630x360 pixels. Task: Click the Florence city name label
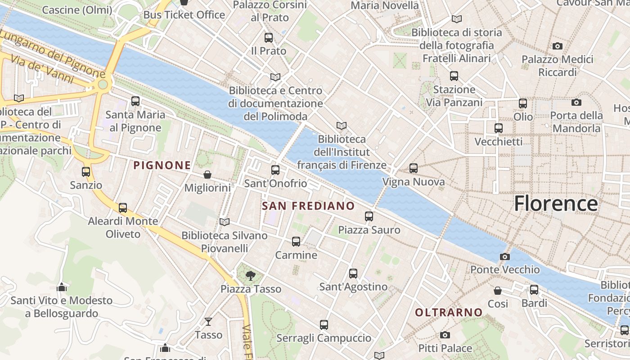click(x=556, y=203)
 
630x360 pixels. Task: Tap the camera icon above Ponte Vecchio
click(x=505, y=256)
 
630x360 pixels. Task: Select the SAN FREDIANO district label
click(x=308, y=206)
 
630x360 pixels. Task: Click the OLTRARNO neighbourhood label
click(x=449, y=312)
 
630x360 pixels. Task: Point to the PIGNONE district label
click(x=162, y=165)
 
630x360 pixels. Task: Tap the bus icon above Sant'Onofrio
click(x=275, y=170)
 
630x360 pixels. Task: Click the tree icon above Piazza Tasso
click(x=251, y=275)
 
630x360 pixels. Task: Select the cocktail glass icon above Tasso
click(x=208, y=321)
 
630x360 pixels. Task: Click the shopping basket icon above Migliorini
click(x=207, y=175)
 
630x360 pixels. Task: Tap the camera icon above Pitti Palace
click(x=445, y=335)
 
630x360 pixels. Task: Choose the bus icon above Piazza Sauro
click(x=369, y=216)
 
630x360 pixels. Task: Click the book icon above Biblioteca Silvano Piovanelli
click(x=224, y=222)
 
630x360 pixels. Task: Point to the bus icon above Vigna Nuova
click(x=414, y=168)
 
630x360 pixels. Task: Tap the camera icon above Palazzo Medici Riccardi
click(x=557, y=46)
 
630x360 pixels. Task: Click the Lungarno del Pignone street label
click(x=52, y=53)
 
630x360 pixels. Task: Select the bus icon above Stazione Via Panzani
click(x=454, y=76)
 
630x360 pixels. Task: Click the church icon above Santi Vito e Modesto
click(x=62, y=287)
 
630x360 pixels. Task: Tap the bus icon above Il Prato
click(x=269, y=37)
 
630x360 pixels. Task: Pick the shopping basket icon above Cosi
click(x=498, y=291)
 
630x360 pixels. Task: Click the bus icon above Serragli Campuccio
click(x=324, y=324)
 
